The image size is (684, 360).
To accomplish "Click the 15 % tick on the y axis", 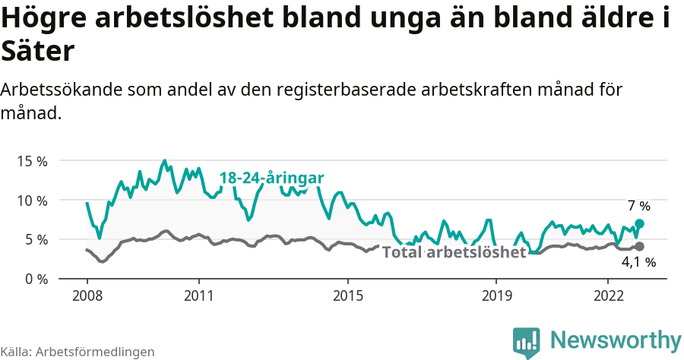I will pos(30,161).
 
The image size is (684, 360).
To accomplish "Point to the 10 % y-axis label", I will pos(30,201).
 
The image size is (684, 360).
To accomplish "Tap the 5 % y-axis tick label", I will pos(34,239).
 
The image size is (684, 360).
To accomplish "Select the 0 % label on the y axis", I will pos(34,279).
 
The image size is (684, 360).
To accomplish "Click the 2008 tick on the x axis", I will pos(87,294).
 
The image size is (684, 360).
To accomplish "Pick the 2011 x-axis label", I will pos(198,294).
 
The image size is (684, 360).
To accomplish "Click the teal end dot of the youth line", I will pos(639,223).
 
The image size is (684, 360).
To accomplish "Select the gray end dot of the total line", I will pos(639,246).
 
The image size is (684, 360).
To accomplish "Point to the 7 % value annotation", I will pos(639,206).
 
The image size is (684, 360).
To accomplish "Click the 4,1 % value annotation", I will pos(638,262).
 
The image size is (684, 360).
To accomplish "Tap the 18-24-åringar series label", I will pos(271,178).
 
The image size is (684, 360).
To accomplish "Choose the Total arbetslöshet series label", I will pos(454,252).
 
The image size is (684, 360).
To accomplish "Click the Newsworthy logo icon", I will pos(526,342).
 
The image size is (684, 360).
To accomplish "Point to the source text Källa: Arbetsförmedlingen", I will pos(78,352).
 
